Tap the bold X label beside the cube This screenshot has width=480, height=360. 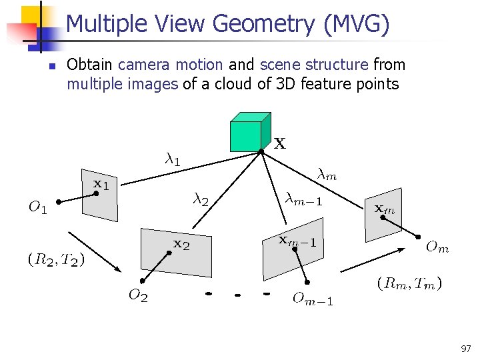pyautogui.click(x=280, y=143)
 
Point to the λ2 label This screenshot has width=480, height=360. pyautogui.click(x=201, y=199)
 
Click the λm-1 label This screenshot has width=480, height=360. pyautogui.click(x=303, y=198)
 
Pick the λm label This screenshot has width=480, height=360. pyautogui.click(x=327, y=175)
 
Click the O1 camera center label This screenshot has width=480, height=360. pyautogui.click(x=37, y=208)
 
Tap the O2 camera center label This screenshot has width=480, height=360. pyautogui.click(x=138, y=296)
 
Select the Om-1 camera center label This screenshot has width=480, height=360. pyautogui.click(x=313, y=299)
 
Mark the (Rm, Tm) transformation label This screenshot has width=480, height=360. pyautogui.click(x=409, y=283)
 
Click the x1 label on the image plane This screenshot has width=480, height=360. pyautogui.click(x=100, y=183)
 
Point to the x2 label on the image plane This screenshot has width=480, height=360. pyautogui.click(x=181, y=244)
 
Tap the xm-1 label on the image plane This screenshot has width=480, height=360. pyautogui.click(x=297, y=241)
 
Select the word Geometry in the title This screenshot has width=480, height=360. pyautogui.click(x=261, y=24)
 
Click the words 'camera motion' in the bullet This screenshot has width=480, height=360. pyautogui.click(x=170, y=65)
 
